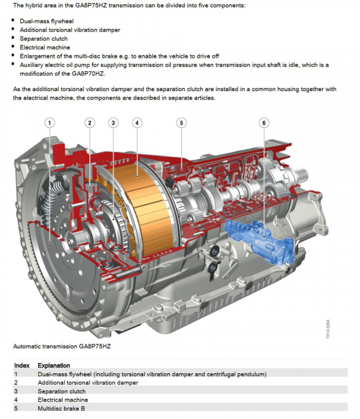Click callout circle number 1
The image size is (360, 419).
(50, 123)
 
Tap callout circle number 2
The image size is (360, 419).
(90, 123)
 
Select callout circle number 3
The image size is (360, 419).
(113, 123)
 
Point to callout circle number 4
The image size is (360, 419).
(137, 123)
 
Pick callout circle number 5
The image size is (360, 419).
(181, 123)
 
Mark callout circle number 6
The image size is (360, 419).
(264, 123)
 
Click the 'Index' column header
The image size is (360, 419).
(22, 365)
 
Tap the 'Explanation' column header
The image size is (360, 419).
(55, 365)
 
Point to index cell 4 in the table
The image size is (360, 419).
(16, 400)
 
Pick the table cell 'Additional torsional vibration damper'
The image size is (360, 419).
(88, 383)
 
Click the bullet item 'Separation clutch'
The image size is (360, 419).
(44, 39)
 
